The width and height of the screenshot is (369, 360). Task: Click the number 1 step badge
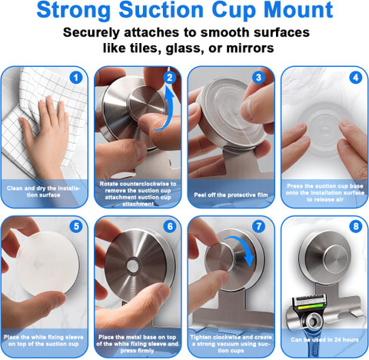[76, 77]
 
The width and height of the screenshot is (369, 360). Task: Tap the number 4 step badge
[356, 77]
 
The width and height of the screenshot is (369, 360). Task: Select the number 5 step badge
[76, 226]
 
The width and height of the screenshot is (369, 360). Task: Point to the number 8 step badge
[356, 226]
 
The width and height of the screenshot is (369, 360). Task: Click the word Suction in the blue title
[161, 10]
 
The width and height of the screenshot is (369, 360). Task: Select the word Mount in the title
[298, 10]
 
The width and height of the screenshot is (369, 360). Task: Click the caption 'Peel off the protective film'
[231, 195]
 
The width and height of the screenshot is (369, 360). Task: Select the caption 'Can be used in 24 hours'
[324, 340]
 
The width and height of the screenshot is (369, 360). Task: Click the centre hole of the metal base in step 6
[133, 265]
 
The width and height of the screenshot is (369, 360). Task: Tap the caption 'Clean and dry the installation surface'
[44, 192]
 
